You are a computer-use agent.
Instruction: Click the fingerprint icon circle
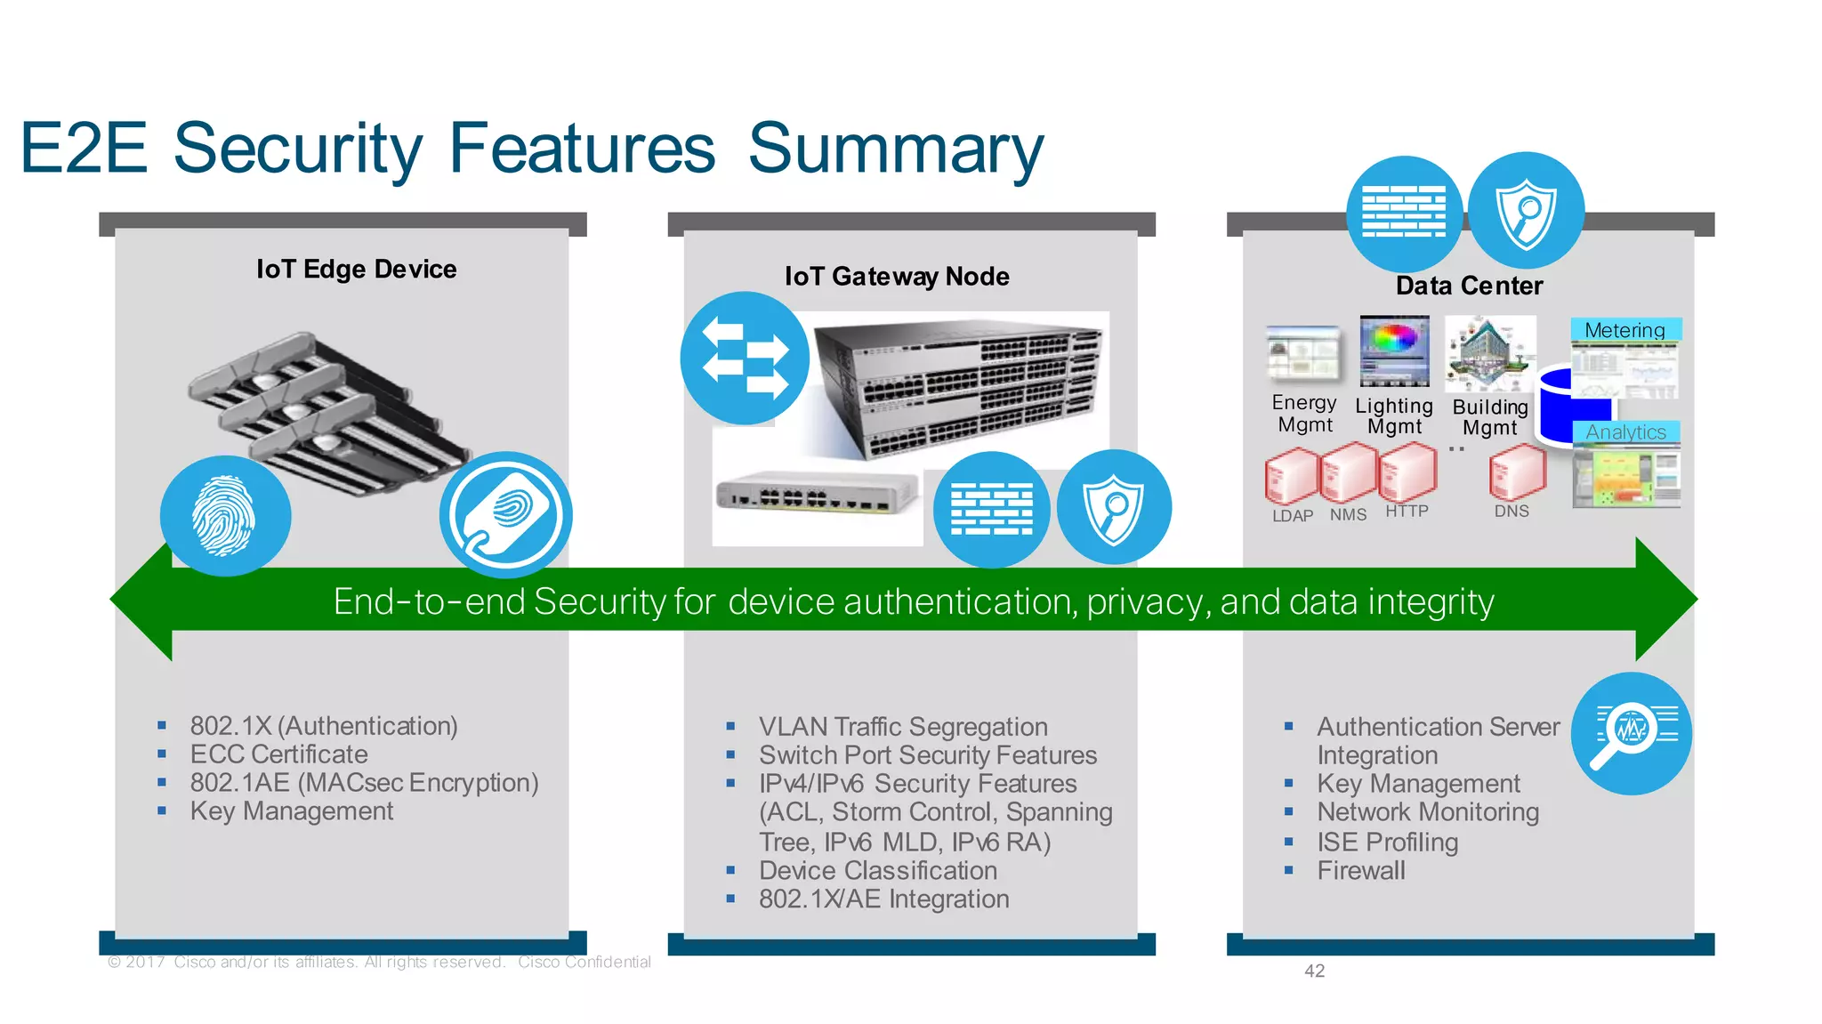click(225, 516)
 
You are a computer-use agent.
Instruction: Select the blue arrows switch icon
click(745, 358)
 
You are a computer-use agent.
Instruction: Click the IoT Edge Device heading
click(356, 269)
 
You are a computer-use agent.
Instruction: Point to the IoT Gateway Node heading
click(896, 276)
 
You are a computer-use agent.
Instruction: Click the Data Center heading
click(1469, 286)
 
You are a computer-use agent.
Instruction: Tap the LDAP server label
click(1292, 516)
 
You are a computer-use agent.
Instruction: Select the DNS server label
click(1511, 512)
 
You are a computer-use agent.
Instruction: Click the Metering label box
click(1624, 330)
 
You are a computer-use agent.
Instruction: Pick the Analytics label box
click(1625, 432)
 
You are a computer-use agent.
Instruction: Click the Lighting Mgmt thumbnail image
click(1394, 351)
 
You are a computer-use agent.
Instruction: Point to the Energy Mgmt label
click(1304, 414)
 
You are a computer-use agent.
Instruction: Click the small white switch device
click(817, 491)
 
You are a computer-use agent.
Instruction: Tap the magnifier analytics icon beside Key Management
click(1631, 733)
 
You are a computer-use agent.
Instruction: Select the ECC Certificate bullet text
click(278, 754)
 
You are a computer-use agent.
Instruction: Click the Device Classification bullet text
click(877, 870)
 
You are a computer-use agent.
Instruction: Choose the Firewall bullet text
click(1360, 870)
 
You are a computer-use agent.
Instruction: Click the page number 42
click(1314, 971)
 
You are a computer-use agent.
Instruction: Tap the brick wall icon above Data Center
click(1404, 213)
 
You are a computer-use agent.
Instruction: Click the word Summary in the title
click(895, 149)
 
